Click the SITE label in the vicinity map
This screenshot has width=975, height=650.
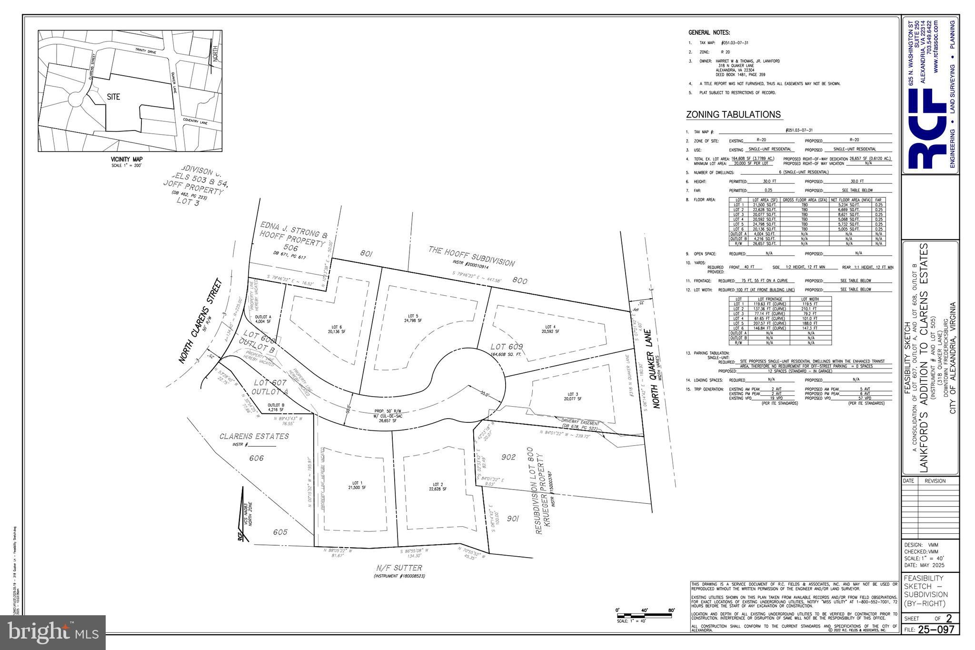(113, 97)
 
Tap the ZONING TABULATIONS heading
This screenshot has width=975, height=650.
(733, 115)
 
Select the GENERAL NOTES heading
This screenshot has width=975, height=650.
(709, 32)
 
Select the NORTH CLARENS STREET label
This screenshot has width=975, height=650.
(201, 321)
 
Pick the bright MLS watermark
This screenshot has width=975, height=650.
(53, 632)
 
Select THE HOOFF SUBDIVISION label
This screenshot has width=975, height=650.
(472, 256)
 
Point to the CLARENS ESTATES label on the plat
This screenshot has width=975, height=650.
(254, 436)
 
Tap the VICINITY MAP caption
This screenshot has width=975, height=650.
(127, 159)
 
